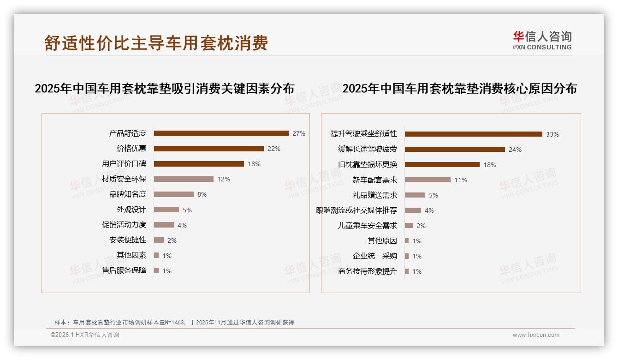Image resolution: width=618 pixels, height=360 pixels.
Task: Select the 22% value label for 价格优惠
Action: (274, 149)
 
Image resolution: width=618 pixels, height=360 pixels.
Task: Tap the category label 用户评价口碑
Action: (124, 164)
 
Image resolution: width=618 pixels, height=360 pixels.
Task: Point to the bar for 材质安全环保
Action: (184, 179)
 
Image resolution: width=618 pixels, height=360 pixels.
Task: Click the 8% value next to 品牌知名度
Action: (202, 194)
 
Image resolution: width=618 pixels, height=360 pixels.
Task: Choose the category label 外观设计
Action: (131, 210)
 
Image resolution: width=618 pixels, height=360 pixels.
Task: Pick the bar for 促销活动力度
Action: (164, 225)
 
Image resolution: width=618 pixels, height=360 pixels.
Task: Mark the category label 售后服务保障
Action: (124, 270)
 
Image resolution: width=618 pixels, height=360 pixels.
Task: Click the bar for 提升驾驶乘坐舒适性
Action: (474, 134)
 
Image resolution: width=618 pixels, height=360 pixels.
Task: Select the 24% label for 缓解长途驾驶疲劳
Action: (515, 150)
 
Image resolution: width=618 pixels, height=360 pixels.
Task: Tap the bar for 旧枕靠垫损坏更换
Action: (442, 165)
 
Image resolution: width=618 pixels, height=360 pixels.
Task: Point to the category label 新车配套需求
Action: (375, 180)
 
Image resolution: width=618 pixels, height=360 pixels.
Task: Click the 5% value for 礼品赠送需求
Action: (434, 195)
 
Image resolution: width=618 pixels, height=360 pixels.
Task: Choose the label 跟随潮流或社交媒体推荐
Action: (357, 210)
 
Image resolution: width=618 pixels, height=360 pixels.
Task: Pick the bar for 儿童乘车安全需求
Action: (409, 226)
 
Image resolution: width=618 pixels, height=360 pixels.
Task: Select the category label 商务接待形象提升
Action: (368, 271)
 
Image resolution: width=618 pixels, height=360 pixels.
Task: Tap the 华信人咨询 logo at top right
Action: (542, 40)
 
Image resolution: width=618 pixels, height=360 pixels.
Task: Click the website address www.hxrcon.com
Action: (536, 335)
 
